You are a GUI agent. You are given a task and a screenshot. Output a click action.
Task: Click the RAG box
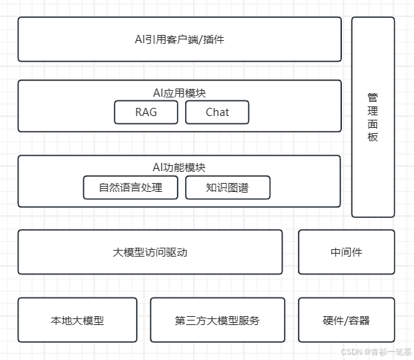tap(146, 112)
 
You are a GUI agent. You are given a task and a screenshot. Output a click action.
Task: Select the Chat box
tap(217, 112)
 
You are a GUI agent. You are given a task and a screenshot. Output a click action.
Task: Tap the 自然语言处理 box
tap(130, 187)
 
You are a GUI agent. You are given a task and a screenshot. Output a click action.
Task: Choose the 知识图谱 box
tap(227, 187)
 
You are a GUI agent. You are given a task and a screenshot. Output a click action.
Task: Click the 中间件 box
tap(346, 252)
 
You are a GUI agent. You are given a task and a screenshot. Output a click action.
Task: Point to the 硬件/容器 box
tap(346, 320)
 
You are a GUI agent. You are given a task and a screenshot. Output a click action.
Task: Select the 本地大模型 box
tap(77, 320)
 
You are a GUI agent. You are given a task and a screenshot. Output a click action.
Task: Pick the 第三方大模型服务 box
tap(218, 320)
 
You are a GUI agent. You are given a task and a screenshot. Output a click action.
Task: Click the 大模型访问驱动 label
tap(150, 252)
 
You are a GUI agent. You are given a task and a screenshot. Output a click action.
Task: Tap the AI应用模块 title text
tap(179, 93)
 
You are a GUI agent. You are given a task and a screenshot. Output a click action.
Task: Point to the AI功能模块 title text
tap(179, 167)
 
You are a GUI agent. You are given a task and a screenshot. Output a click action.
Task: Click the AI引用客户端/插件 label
tap(180, 39)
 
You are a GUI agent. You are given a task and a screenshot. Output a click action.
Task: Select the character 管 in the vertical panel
tap(372, 97)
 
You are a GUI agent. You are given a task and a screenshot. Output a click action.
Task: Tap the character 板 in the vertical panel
tap(372, 137)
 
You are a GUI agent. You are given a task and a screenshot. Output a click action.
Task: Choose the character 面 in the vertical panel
tap(372, 124)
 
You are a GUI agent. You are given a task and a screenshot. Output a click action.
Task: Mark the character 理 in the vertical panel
tap(372, 111)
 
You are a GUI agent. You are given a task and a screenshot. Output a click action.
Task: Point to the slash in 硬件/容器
tap(346, 321)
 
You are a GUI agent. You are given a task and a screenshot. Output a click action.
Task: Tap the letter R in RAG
tap(138, 112)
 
